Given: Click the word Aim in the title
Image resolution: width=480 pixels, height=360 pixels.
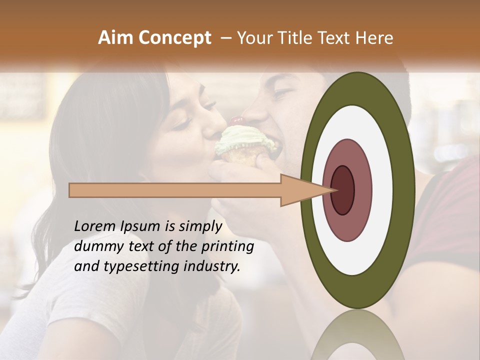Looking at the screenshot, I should click(x=116, y=38).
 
